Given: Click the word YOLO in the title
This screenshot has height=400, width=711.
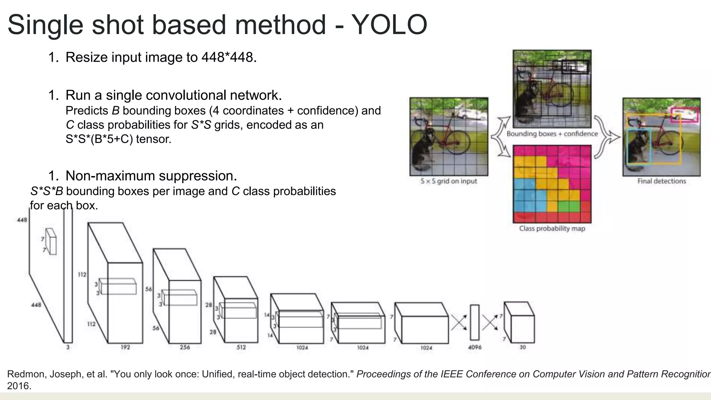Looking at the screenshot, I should [389, 25].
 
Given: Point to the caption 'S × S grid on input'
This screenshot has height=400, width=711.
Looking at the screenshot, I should [449, 181].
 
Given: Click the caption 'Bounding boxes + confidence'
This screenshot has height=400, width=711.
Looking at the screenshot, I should [552, 134].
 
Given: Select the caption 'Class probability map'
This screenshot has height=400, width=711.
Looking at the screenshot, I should [552, 228].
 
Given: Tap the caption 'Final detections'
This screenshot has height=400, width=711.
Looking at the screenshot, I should [661, 181].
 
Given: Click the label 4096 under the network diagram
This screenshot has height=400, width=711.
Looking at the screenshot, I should [475, 347].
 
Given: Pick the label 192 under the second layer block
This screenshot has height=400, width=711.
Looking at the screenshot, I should [125, 347].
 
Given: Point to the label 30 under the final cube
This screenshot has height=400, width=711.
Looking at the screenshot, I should [522, 347].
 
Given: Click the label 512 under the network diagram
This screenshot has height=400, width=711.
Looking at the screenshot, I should [241, 347].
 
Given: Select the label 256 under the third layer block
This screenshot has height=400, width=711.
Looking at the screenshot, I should [185, 347].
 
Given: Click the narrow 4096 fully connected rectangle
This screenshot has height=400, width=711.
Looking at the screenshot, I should [475, 323].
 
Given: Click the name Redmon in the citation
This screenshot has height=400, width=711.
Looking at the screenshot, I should [26, 374].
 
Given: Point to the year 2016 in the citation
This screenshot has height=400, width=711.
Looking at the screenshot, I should [19, 386].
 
